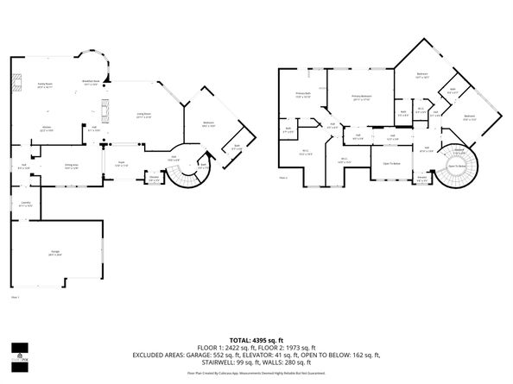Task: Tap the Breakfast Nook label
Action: pos(91,84)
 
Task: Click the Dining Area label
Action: pos(72,167)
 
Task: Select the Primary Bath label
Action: pos(303,95)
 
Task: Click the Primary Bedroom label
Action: pos(362,98)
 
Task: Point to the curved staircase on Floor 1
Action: pos(183,177)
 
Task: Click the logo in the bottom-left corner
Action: pos(16,353)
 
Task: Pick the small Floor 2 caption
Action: pos(283,178)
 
